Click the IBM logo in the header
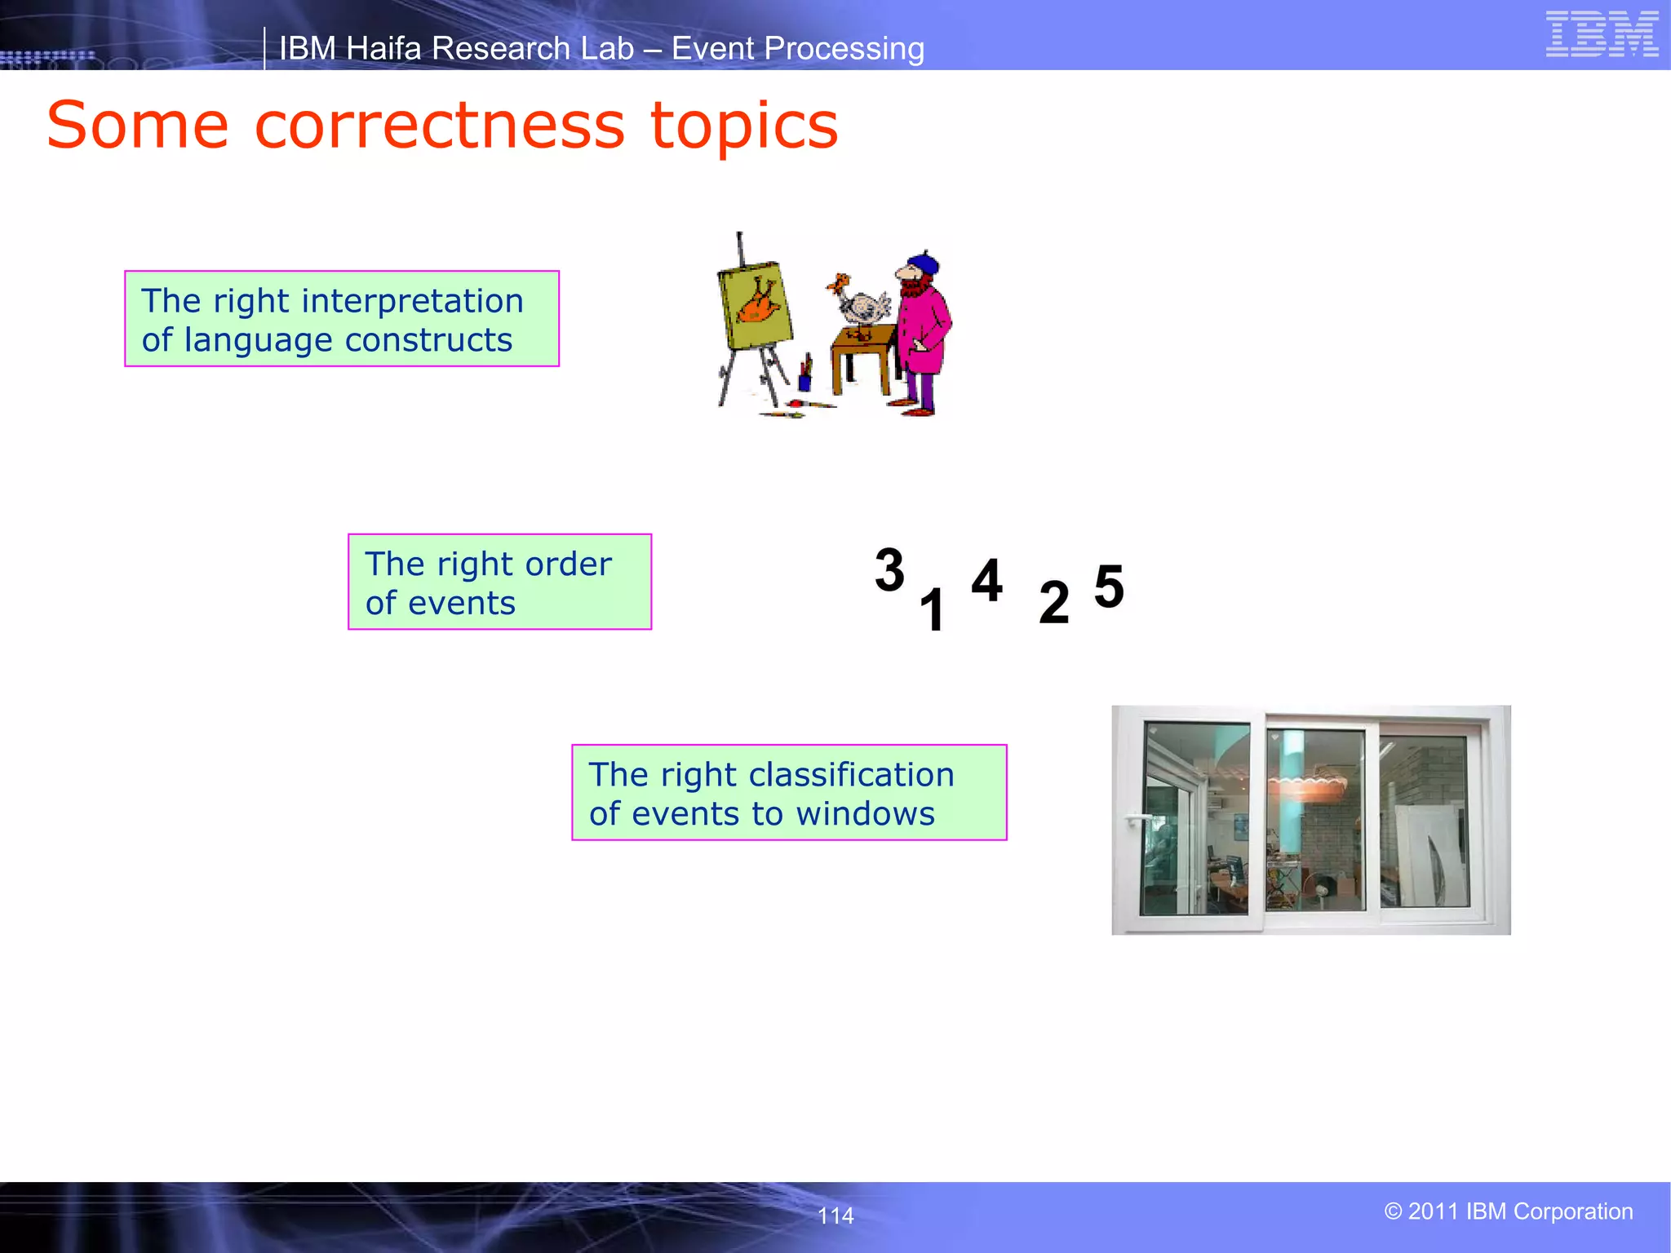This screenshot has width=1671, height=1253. tap(1602, 34)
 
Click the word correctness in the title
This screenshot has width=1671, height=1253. tap(439, 126)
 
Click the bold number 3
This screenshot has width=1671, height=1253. tap(889, 570)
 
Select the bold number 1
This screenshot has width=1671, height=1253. tap(932, 610)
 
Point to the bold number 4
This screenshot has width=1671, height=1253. tap(986, 581)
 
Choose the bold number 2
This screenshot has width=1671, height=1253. tap(1053, 603)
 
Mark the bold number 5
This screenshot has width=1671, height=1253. tap(1109, 587)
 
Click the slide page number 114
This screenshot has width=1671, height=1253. tap(835, 1215)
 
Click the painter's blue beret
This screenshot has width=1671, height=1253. tap(924, 263)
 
